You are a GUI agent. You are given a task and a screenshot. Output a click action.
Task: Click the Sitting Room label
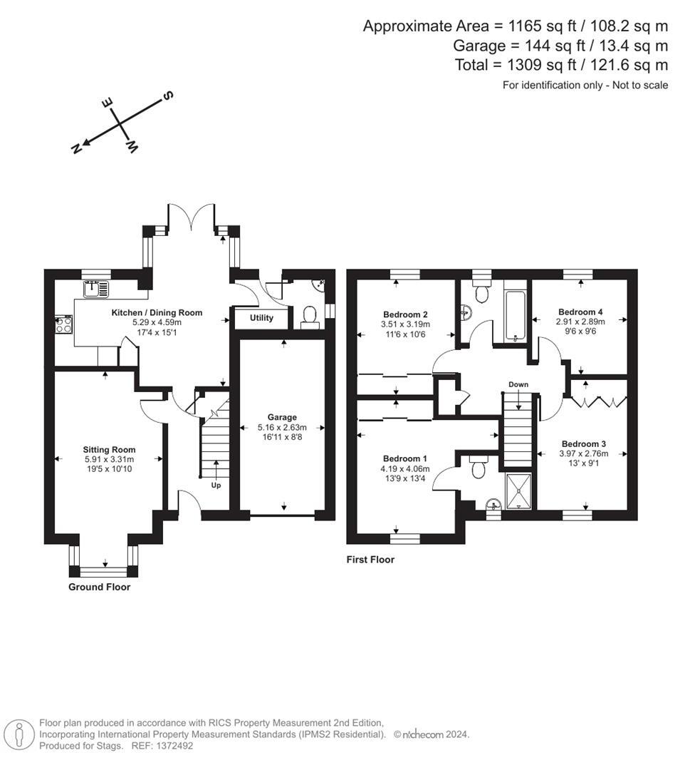point(109,449)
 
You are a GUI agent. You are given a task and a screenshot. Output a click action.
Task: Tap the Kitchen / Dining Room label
point(157,312)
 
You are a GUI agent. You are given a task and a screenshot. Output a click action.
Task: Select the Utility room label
point(261,318)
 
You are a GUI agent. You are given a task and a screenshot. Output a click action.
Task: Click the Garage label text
point(282,417)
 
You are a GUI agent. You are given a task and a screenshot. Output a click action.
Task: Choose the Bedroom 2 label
point(405,314)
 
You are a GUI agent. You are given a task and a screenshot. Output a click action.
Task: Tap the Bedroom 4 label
point(580,312)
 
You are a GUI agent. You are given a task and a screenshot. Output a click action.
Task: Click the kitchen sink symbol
point(95,289)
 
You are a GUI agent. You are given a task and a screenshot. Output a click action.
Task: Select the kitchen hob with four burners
point(64,325)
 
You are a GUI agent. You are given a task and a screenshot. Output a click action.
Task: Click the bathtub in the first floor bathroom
point(514,316)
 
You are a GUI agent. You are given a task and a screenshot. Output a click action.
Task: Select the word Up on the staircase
point(215,486)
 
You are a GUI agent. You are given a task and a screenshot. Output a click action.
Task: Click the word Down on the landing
point(518,384)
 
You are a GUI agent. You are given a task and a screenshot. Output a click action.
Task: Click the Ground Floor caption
point(99,587)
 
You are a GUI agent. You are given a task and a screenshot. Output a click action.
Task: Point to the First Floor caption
point(370,560)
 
